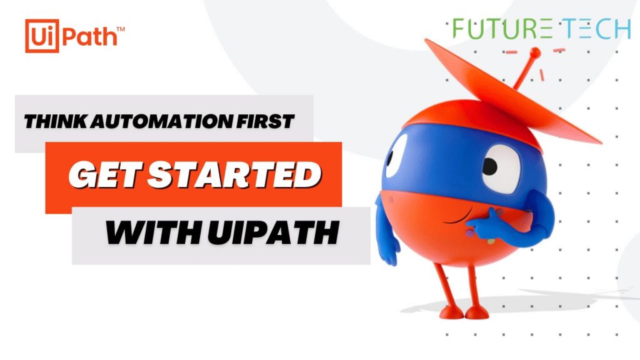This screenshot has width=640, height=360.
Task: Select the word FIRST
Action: (x=268, y=122)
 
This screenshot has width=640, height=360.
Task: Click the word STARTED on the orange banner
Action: (x=231, y=176)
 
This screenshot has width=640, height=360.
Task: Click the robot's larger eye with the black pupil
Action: (x=500, y=167)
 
